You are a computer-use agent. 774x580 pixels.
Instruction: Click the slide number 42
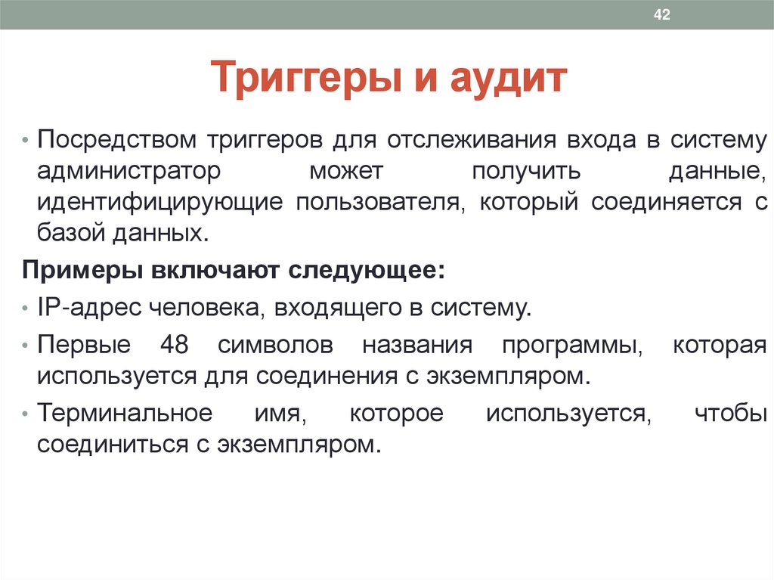coord(661,15)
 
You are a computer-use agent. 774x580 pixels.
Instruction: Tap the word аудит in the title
coord(510,79)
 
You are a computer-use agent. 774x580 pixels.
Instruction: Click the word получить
coord(526,172)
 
